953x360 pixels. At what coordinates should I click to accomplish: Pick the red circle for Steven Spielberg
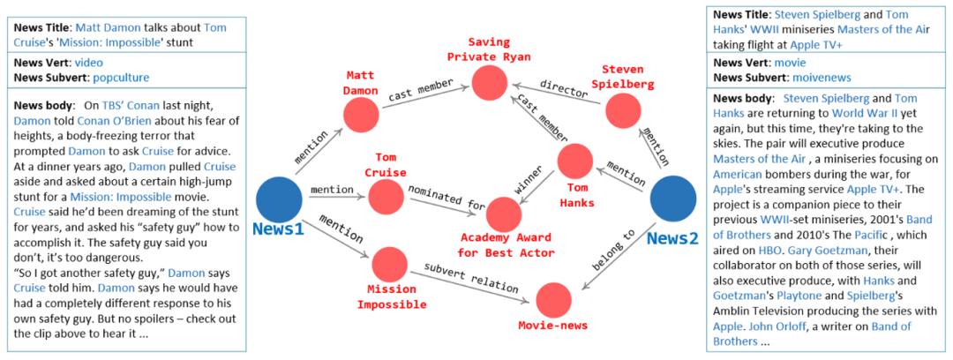(x=622, y=110)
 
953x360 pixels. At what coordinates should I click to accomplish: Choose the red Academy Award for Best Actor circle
(x=504, y=215)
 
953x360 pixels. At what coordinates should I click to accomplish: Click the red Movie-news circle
(x=554, y=302)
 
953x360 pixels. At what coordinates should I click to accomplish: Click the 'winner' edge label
(x=529, y=182)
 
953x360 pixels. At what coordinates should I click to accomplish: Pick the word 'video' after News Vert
(x=87, y=63)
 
